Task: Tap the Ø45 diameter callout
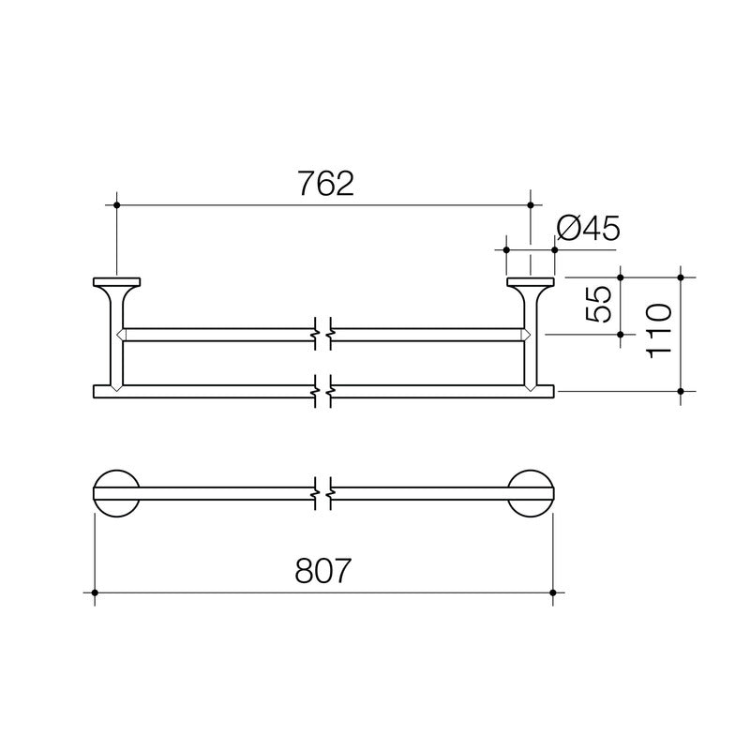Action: pos(588,229)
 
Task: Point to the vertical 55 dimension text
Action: pos(601,304)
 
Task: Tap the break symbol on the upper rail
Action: pos(324,334)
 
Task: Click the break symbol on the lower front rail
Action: pos(324,386)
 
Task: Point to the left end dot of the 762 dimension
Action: pos(116,204)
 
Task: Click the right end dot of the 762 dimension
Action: pos(531,204)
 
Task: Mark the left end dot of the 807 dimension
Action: pos(95,592)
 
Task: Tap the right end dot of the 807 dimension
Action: pos(553,592)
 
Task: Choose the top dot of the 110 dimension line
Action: pos(682,277)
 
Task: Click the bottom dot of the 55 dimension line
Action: pos(622,334)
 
